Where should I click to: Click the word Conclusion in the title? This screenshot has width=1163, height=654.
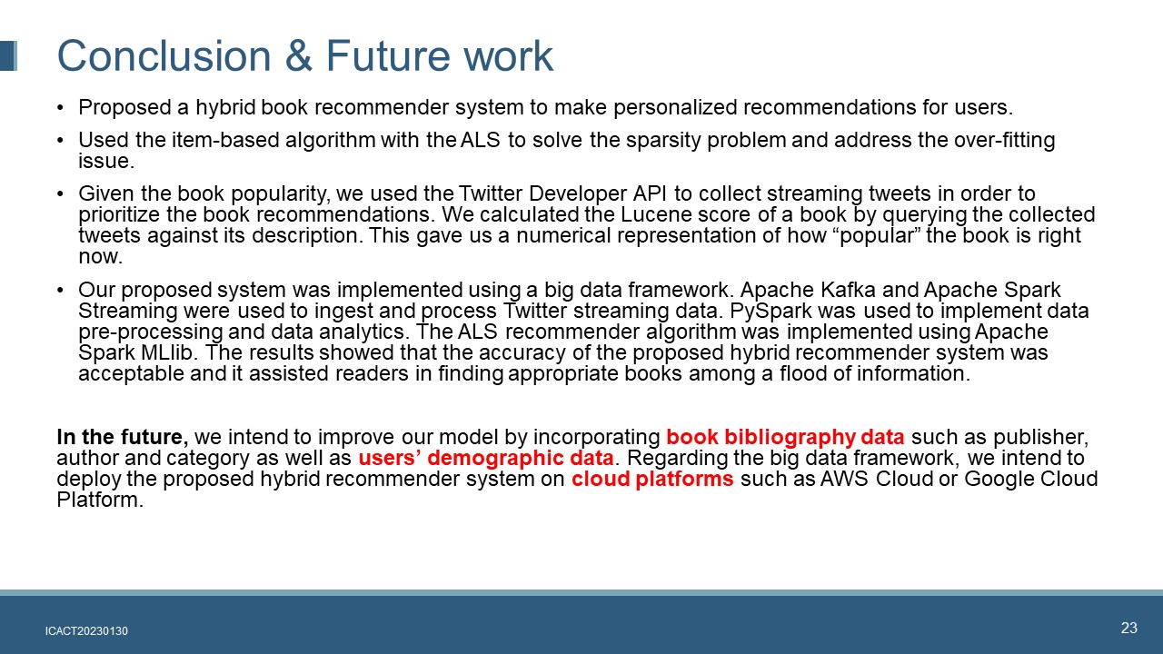(164, 55)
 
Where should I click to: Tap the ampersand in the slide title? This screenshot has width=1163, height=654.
(299, 55)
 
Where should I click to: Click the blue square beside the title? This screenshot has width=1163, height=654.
(8, 55)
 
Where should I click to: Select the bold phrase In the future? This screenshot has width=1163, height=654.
(123, 437)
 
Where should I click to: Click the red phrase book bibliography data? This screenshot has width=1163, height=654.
(785, 437)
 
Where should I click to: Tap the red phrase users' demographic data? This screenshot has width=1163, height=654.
(486, 458)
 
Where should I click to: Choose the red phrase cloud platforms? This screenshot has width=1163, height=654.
(652, 479)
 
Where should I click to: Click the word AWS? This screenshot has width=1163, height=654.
(844, 479)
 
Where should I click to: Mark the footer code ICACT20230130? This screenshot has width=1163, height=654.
(86, 631)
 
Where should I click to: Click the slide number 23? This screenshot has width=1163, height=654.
(1129, 628)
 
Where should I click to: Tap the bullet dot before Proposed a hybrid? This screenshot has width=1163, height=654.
(60, 108)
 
